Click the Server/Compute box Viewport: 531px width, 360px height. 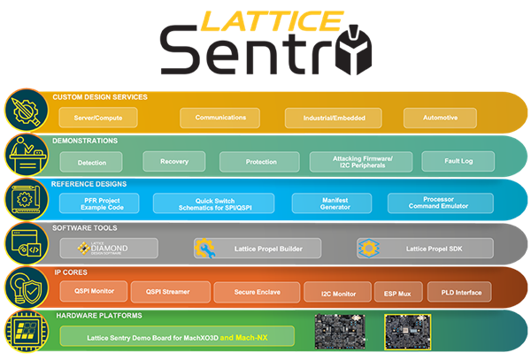pos(98,117)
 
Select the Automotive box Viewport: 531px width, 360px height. pos(441,117)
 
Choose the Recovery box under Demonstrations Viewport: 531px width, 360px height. pos(174,161)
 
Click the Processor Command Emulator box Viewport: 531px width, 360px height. pos(439,203)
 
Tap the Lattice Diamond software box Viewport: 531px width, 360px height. pos(109,249)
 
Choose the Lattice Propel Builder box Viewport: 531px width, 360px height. pos(249,249)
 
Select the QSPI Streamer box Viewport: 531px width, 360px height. pos(172,291)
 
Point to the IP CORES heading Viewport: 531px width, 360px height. pos(73,272)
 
